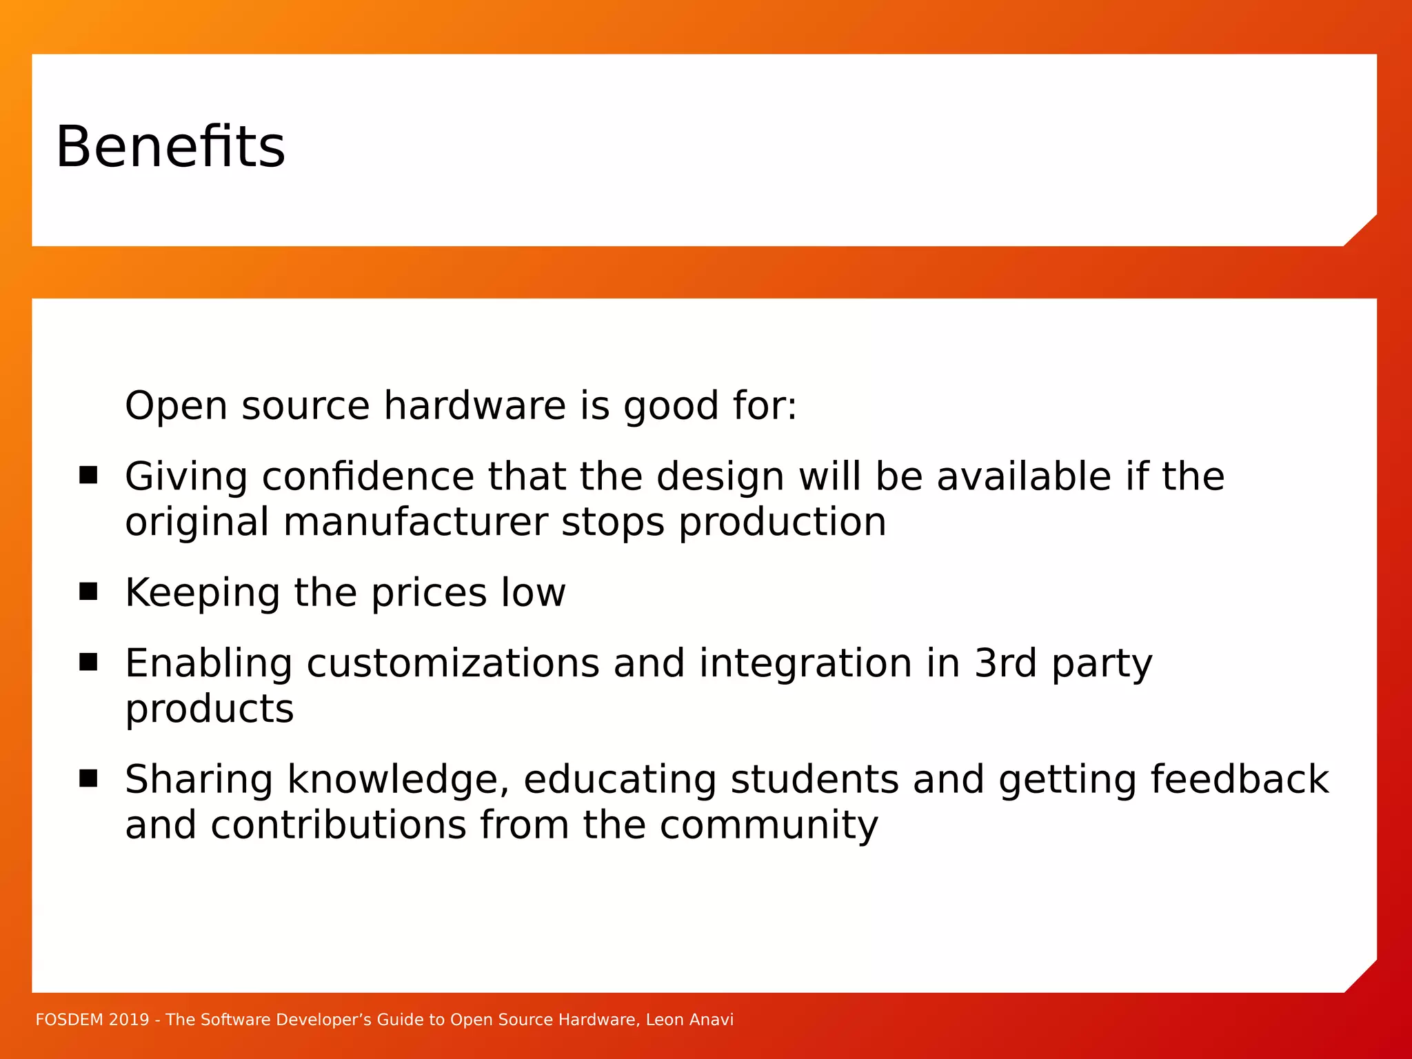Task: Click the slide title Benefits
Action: coord(170,147)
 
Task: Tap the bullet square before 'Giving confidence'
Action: coord(88,476)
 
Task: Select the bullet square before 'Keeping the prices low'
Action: coord(88,592)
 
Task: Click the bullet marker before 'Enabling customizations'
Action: coord(88,663)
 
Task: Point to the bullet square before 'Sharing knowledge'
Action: coord(88,779)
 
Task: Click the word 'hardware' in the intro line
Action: coord(474,405)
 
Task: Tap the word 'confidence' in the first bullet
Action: coord(368,476)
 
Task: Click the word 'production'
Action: coord(783,523)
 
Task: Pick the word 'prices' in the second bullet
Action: coord(429,593)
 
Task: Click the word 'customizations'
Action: coord(452,664)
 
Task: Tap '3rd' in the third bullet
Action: coord(1005,663)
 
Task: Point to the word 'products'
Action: coord(210,710)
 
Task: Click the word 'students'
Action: coord(814,780)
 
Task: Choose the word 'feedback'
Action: coord(1239,780)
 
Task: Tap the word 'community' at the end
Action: coord(769,826)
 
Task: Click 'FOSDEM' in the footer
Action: coord(69,1020)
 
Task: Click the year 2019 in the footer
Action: coord(129,1020)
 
